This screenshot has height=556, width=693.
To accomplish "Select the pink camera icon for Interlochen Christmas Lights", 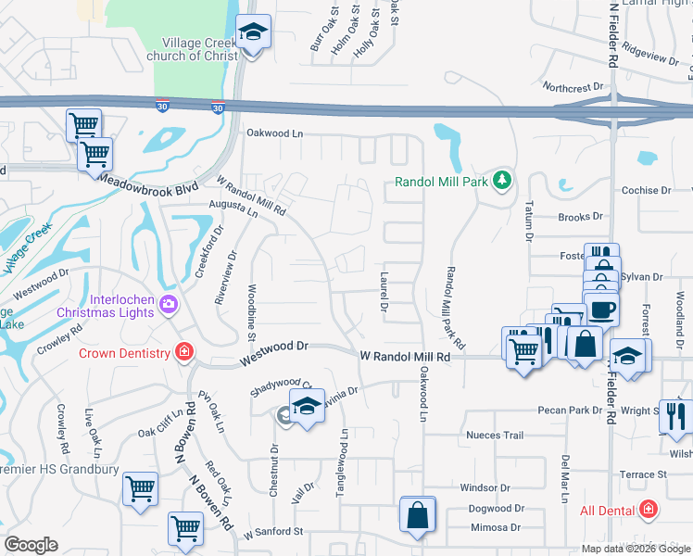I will [x=168, y=303].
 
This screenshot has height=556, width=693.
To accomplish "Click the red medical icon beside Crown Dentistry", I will [x=184, y=353].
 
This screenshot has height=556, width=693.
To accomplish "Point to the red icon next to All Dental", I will [x=648, y=510].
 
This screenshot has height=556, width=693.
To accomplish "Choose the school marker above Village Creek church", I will [x=251, y=33].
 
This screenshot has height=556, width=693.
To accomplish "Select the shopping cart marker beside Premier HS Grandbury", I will [x=140, y=487].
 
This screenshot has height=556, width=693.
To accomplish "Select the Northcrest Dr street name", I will [x=573, y=88].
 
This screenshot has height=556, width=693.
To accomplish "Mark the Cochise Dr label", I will [x=646, y=190].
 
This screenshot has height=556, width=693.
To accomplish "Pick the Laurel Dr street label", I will [x=382, y=292].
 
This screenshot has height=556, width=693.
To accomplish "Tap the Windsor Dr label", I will [x=485, y=487].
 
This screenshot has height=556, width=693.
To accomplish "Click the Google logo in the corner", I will [x=31, y=545].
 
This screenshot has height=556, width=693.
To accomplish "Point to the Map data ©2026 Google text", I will [x=636, y=549].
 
